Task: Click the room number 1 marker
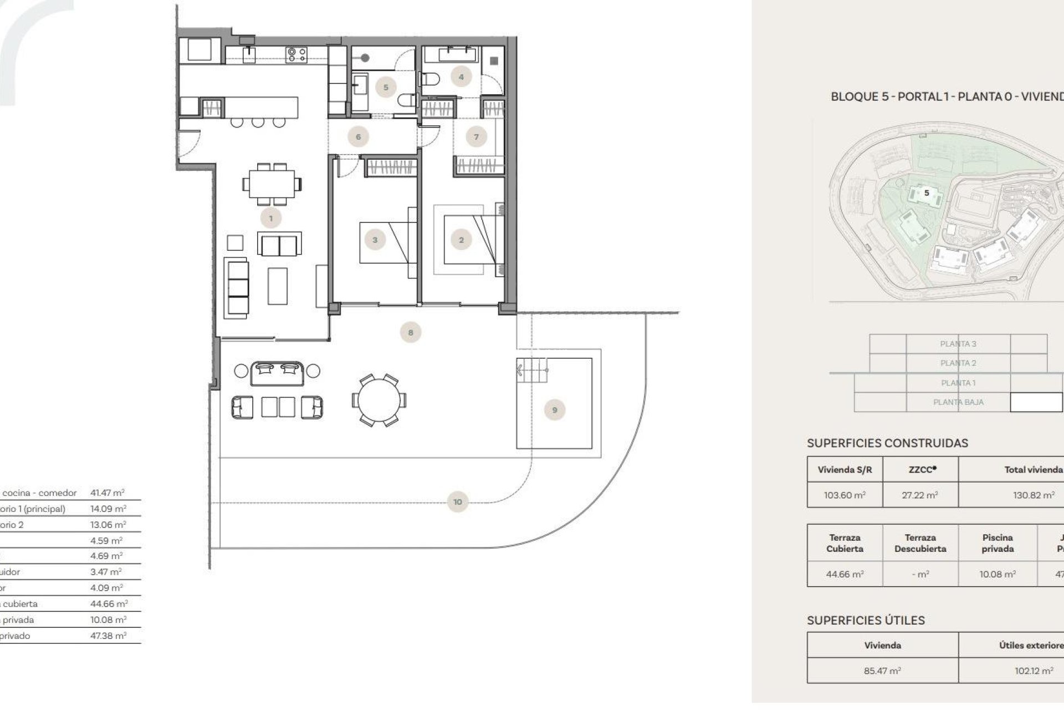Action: pos(271,219)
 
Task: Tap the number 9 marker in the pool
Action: pos(555,410)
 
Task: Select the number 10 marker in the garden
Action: pos(457,502)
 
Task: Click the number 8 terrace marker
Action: pos(411,333)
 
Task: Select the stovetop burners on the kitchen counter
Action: pos(296,54)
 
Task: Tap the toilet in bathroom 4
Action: pos(431,79)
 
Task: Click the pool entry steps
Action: pos(533,368)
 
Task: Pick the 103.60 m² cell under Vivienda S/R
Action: pos(845,495)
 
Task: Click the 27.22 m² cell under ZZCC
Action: pos(920,495)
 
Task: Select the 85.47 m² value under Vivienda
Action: pos(882,671)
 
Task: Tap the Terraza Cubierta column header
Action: pos(845,543)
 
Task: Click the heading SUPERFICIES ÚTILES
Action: pos(866,621)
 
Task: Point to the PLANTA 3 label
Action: pos(958,344)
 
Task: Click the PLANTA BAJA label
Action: pos(958,402)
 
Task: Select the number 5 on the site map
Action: pos(927,193)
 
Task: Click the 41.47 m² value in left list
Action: pos(108,493)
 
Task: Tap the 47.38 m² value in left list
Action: pos(108,636)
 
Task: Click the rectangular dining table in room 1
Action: pos(272,184)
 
